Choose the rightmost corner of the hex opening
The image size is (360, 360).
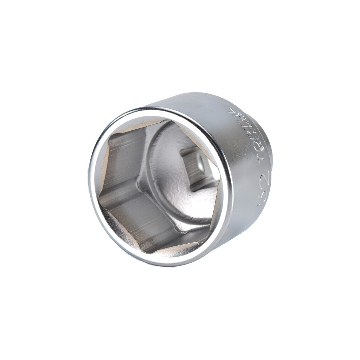pyautogui.click(x=219, y=183)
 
